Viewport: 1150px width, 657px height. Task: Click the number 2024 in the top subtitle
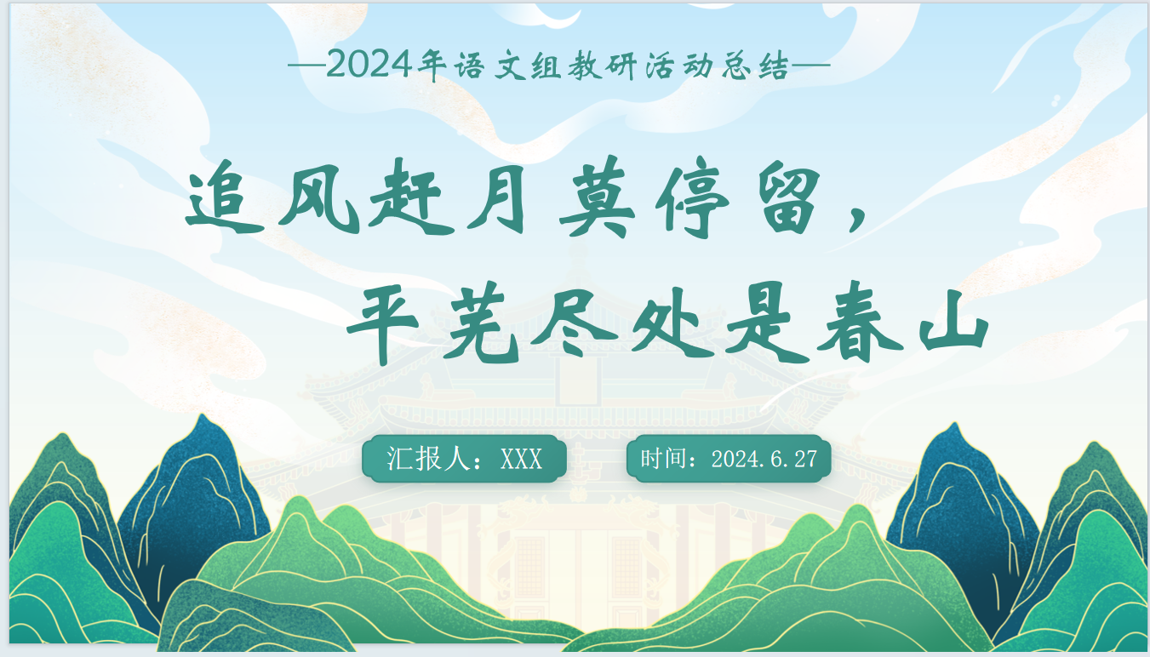click(369, 65)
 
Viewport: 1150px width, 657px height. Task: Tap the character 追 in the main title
click(225, 202)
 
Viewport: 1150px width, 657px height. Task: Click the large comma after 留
click(858, 220)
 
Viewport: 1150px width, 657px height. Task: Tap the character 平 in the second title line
click(383, 323)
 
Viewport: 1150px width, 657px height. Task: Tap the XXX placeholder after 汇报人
click(521, 459)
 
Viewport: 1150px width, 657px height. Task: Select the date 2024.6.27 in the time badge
click(764, 459)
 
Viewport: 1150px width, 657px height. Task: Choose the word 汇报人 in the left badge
click(428, 459)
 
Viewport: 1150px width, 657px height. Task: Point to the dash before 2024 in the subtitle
click(306, 66)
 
